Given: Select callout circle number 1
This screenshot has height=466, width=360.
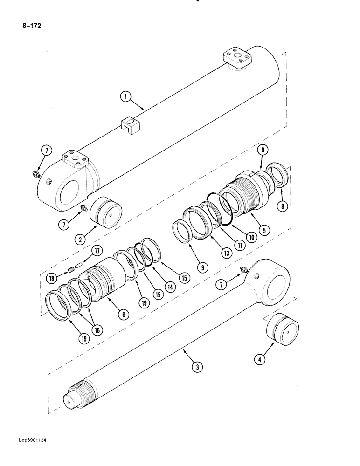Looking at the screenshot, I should pos(125,97).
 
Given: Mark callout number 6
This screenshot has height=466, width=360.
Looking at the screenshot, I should pos(123,315).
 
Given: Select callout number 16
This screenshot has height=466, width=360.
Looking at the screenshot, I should pos(97,330).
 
